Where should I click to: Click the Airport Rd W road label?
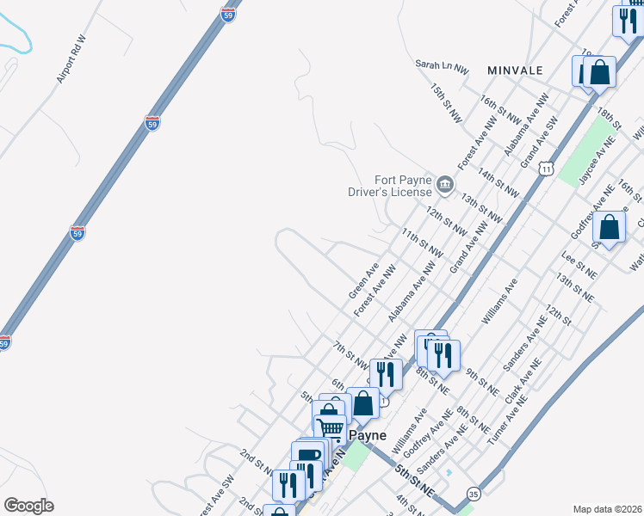(x=72, y=59)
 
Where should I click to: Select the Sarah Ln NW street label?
(x=442, y=64)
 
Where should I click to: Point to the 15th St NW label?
(x=449, y=104)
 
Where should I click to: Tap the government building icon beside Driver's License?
(x=445, y=182)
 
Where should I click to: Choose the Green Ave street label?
(x=363, y=281)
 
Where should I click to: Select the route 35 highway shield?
(x=474, y=494)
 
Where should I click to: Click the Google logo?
(x=28, y=506)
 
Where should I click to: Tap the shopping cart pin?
(x=330, y=427)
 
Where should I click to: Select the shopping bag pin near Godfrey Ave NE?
(x=609, y=227)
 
